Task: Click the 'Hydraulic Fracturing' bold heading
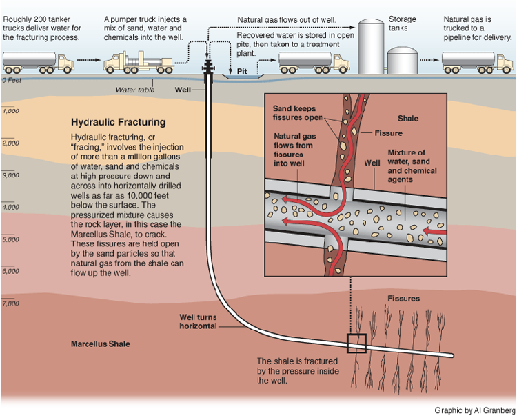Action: (118, 122)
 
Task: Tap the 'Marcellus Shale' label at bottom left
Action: (99, 344)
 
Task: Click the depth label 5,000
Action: (10, 239)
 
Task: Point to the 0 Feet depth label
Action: (12, 80)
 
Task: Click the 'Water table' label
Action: (135, 89)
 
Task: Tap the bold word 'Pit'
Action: (242, 71)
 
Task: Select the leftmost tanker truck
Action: (39, 61)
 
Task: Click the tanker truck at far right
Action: (476, 61)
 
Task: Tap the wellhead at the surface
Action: (207, 70)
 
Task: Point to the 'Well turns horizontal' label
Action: (199, 321)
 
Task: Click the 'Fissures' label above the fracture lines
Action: (404, 299)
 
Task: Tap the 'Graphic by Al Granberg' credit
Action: (474, 410)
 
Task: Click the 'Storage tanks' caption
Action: (403, 23)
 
